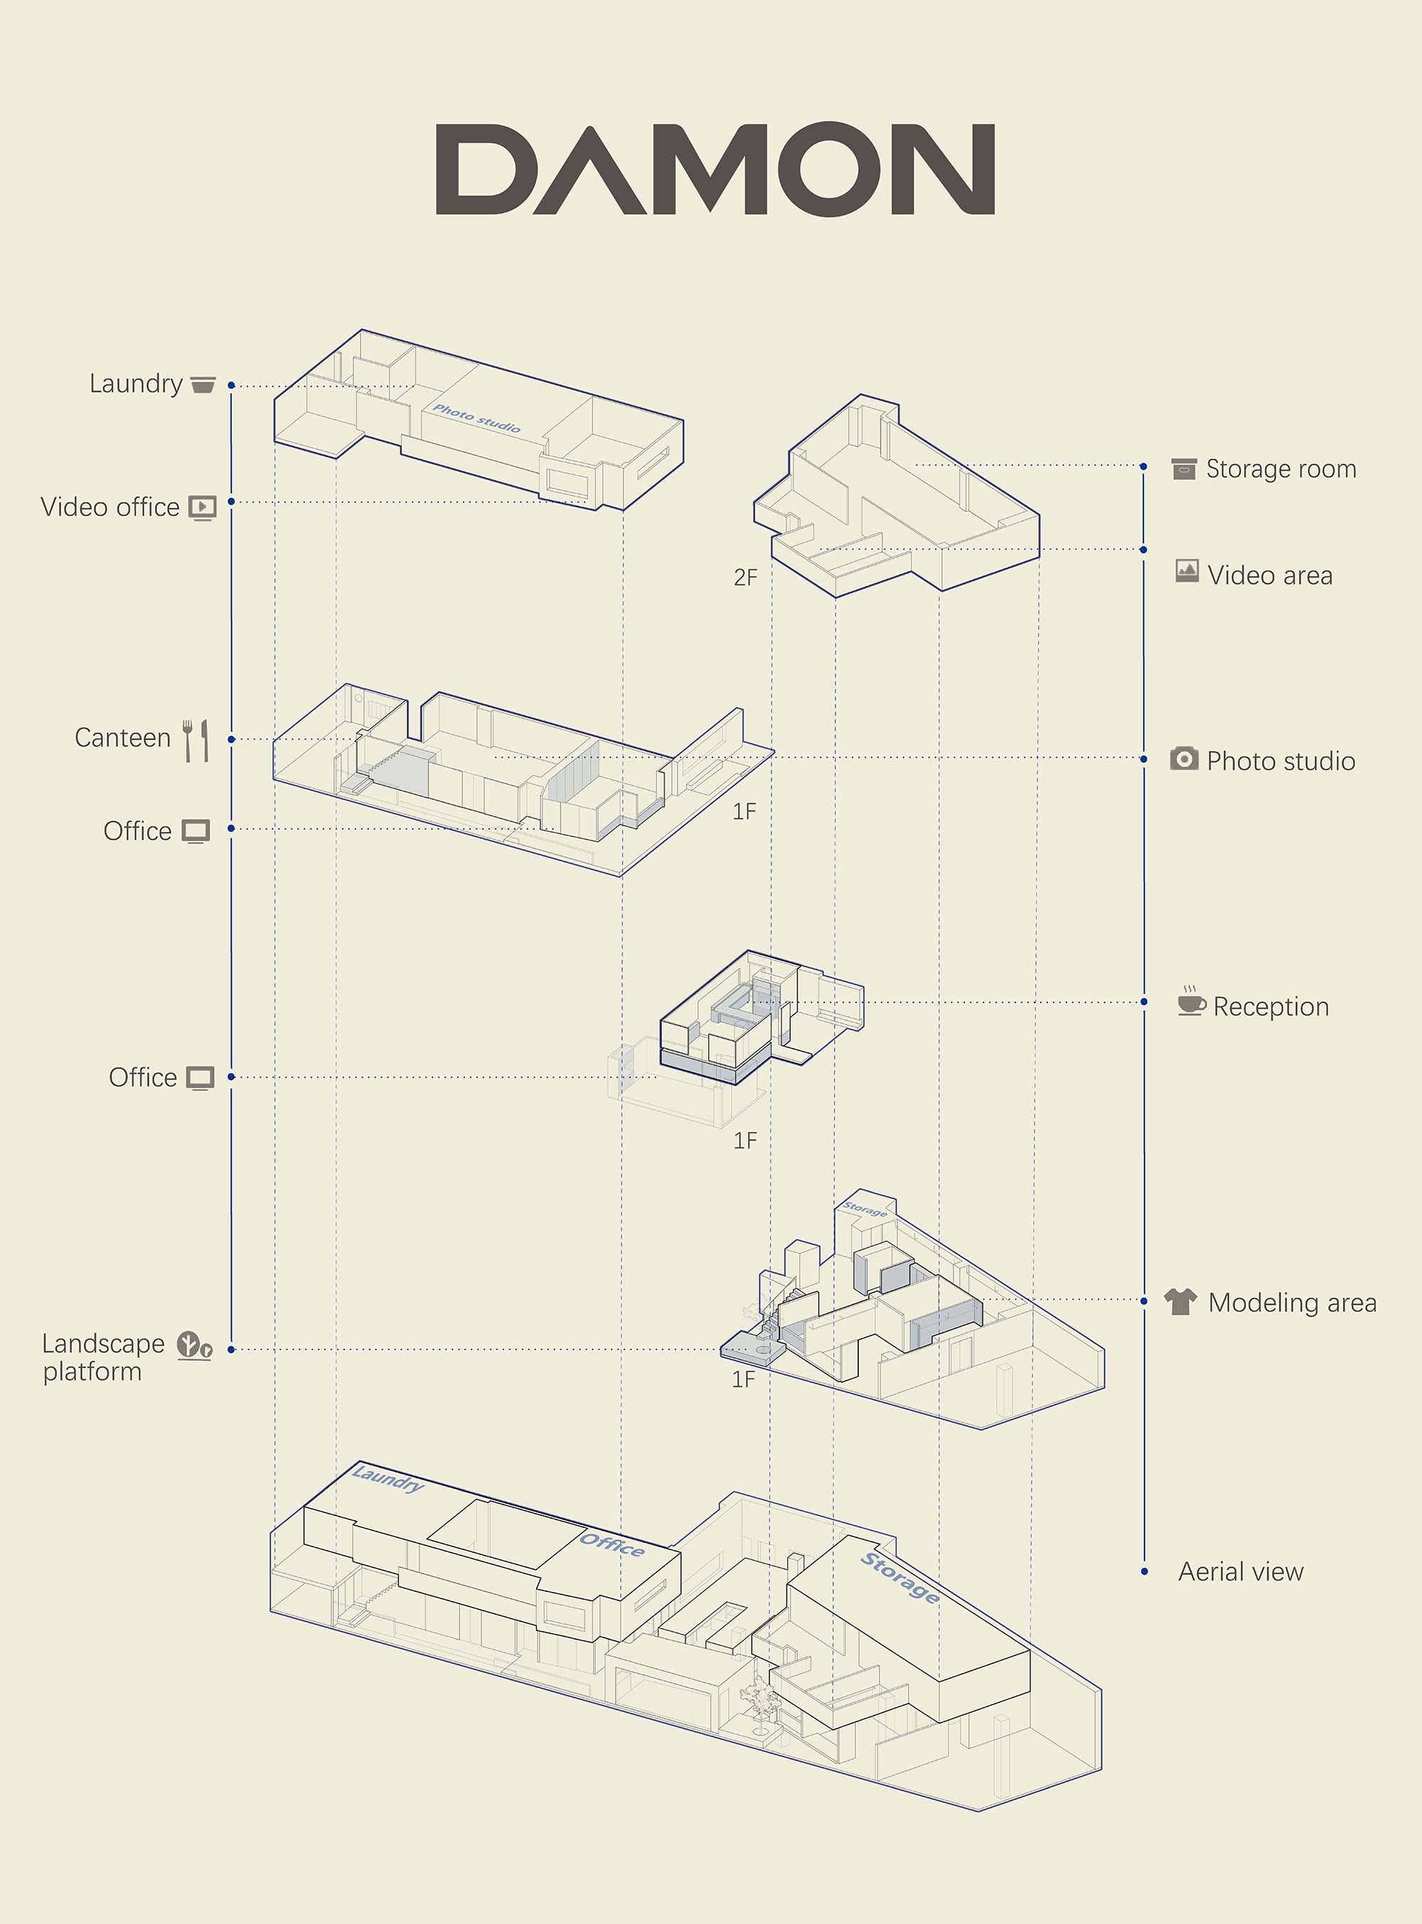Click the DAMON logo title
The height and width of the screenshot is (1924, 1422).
coord(715,169)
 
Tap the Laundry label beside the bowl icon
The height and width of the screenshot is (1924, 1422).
coord(136,384)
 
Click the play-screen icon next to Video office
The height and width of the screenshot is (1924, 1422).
coord(203,508)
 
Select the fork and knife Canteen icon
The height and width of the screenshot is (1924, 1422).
coord(196,740)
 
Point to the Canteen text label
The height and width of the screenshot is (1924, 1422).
coord(123,738)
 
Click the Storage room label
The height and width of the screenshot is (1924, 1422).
coord(1281,469)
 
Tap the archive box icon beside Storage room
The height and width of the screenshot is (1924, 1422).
coord(1184,469)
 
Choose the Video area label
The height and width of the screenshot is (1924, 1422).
coord(1270,575)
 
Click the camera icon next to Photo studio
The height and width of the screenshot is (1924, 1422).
coord(1184,759)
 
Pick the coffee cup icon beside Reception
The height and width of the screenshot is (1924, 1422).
coord(1192,1001)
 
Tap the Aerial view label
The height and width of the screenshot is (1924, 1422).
coord(1241,1572)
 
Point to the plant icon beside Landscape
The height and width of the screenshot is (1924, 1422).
coord(195,1345)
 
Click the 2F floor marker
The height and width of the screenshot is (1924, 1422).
coord(745,577)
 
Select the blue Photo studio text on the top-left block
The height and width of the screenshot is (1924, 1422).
coord(476,418)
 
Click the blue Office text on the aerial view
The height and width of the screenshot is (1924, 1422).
coord(612,1544)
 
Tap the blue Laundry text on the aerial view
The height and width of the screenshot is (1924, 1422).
coord(388,1479)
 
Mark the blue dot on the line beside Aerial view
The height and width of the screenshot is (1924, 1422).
coord(1144,1572)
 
